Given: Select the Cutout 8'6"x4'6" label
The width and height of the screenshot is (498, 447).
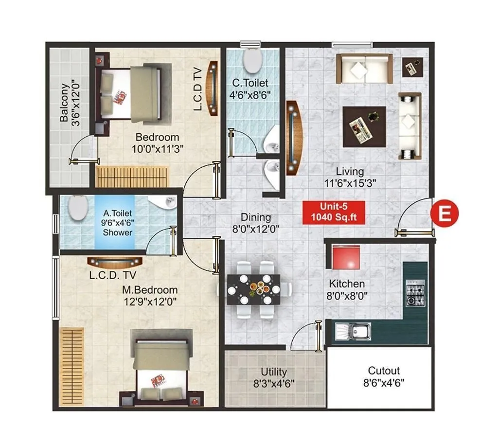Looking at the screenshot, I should tap(384, 376).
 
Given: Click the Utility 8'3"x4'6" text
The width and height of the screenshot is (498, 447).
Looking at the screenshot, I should tap(273, 377).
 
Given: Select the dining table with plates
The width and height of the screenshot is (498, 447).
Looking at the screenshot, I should tap(253, 289).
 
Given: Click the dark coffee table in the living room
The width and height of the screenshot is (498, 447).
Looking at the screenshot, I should tap(364, 126).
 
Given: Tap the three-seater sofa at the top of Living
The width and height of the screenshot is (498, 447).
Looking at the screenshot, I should tap(364, 69).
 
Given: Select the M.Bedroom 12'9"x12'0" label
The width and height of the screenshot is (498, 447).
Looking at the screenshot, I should tap(150, 296).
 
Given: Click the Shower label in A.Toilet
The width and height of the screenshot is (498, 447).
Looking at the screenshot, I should tap(117, 232).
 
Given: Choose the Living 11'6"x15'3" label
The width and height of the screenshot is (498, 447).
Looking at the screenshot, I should tap(350, 177).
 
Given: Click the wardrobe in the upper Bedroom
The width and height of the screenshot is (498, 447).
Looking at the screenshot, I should tap(132, 176).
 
